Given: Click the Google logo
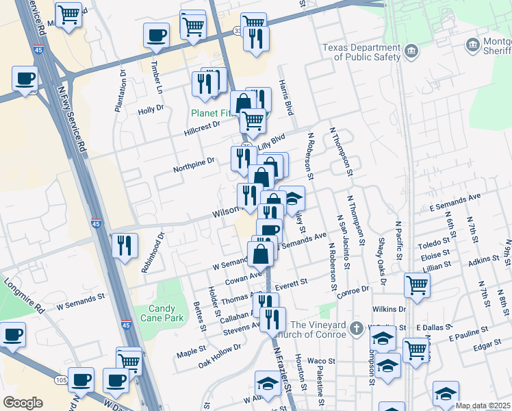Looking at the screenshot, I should (23, 402).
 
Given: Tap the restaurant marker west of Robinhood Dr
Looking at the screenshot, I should (125, 244).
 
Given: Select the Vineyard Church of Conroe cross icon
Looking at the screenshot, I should (357, 328).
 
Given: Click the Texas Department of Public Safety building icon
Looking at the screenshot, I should (411, 51).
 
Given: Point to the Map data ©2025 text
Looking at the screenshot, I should (483, 406).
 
